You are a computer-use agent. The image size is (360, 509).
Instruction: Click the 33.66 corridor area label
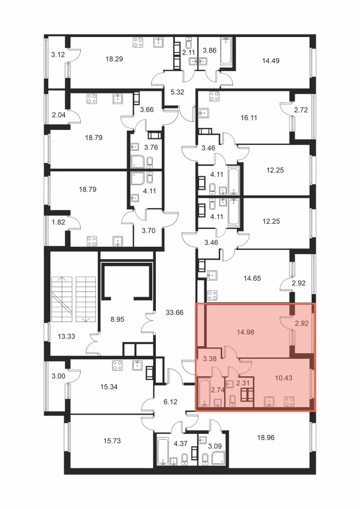(x=175, y=313)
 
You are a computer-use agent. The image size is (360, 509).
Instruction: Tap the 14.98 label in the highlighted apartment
(x=245, y=332)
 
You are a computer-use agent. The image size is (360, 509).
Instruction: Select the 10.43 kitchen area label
(x=283, y=378)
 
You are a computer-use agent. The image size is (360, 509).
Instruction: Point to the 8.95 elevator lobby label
(x=117, y=319)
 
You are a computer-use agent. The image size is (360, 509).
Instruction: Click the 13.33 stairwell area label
(x=66, y=336)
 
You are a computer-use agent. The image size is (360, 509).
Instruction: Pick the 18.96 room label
(x=265, y=438)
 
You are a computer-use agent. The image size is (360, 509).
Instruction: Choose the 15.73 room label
(x=112, y=441)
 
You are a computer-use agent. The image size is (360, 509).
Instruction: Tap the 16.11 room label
(x=248, y=118)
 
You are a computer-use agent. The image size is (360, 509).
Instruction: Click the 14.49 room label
(x=271, y=61)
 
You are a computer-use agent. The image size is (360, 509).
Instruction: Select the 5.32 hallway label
(x=177, y=92)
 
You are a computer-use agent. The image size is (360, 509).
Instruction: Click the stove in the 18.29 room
(x=138, y=43)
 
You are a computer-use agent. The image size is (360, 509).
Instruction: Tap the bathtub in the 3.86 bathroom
(x=226, y=51)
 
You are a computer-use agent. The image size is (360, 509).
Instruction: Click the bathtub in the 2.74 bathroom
(x=204, y=392)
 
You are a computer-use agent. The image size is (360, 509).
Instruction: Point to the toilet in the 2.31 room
(x=232, y=401)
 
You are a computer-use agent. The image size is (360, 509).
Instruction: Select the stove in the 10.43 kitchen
(x=289, y=402)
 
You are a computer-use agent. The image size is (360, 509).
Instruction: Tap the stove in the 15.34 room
(x=117, y=366)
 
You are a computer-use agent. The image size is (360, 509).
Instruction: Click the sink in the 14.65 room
(x=212, y=275)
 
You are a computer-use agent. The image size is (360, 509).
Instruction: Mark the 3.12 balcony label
(x=58, y=55)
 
